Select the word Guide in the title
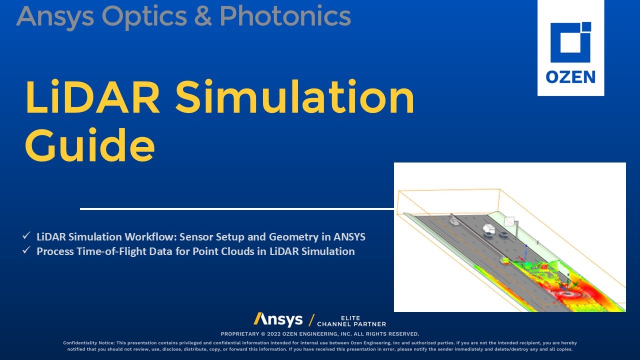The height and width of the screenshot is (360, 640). pyautogui.click(x=90, y=143)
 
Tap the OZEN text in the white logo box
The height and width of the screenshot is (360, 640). pyautogui.click(x=570, y=77)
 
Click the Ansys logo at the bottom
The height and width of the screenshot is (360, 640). pyautogui.click(x=278, y=319)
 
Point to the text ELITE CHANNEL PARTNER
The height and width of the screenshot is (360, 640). pyautogui.click(x=351, y=321)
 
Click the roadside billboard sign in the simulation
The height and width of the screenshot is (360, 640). pyautogui.click(x=509, y=220)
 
